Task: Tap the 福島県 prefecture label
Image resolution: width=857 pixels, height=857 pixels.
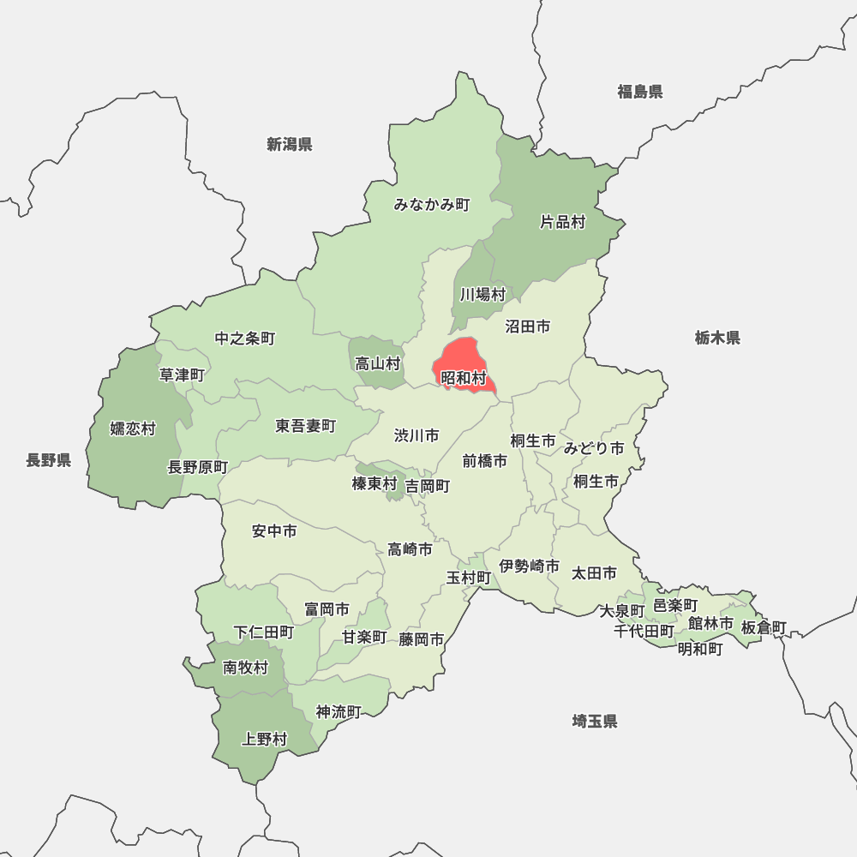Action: (x=640, y=92)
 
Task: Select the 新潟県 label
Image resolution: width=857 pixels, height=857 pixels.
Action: (x=289, y=144)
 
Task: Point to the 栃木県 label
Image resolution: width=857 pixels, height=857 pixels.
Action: (x=717, y=338)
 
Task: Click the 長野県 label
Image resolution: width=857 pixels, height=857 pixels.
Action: (x=48, y=460)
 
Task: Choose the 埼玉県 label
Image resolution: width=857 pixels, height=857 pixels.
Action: (x=595, y=721)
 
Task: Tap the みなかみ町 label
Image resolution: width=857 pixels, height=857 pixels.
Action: (x=432, y=205)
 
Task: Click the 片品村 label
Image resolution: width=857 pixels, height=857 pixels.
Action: (x=562, y=222)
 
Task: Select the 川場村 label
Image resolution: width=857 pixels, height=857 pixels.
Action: (x=482, y=295)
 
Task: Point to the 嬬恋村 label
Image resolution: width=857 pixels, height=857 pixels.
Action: (x=133, y=428)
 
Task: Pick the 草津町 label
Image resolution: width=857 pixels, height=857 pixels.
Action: (x=183, y=375)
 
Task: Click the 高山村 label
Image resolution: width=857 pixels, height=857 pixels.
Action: (x=378, y=363)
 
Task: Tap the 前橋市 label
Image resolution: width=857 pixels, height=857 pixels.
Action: (x=485, y=460)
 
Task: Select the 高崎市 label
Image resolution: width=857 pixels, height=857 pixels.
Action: (x=410, y=549)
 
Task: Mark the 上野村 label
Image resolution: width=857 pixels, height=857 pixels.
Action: (x=265, y=739)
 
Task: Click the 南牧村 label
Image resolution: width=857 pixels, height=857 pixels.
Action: (x=245, y=668)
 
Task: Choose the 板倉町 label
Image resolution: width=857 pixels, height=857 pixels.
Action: (x=764, y=627)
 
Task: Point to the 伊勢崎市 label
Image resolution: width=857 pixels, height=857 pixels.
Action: (x=530, y=566)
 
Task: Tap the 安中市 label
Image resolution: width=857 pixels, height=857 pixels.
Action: (x=274, y=531)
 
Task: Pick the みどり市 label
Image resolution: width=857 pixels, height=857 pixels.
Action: (x=594, y=448)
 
